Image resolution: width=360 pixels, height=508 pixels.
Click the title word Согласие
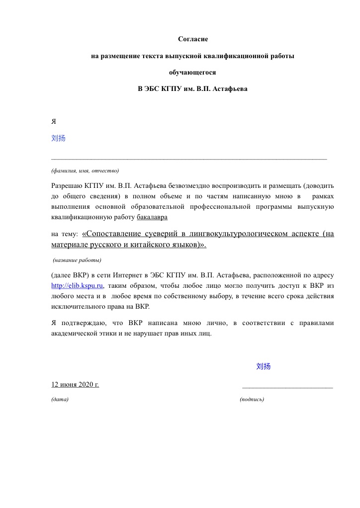pos(192,38)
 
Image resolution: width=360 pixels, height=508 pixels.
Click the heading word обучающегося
pos(192,72)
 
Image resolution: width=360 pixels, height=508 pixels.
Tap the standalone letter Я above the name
pos(54,121)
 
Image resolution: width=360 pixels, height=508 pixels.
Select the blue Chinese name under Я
pos(58,138)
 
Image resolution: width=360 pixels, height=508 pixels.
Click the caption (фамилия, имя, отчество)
pos(85,170)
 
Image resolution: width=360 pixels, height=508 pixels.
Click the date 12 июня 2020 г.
pos(75,384)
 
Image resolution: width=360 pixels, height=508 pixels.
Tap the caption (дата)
pos(60,399)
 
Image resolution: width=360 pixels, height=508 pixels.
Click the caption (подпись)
pos(252,399)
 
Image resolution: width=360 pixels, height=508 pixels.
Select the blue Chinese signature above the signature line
pos(264,366)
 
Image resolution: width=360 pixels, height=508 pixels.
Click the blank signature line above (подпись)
pos(287,386)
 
